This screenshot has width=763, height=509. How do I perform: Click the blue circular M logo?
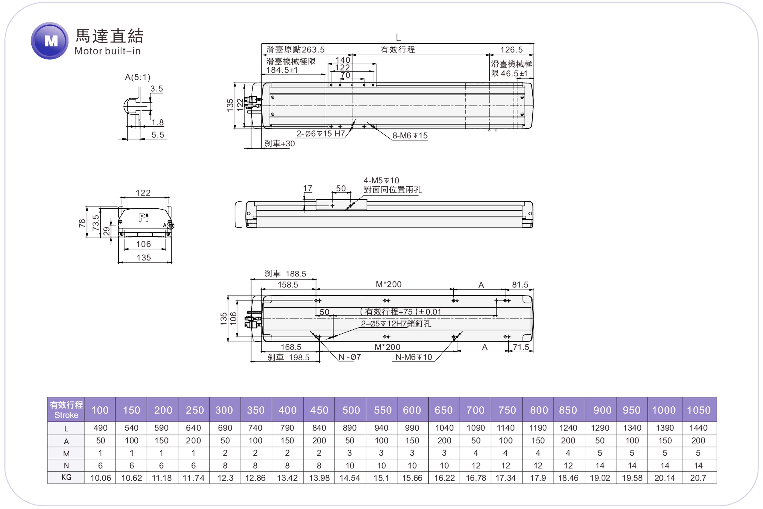click(x=50, y=41)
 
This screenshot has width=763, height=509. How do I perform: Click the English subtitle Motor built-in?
click(x=107, y=51)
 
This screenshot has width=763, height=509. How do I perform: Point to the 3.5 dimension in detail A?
click(x=156, y=89)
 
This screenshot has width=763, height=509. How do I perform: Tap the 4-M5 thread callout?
click(x=381, y=181)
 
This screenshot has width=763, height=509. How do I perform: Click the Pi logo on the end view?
click(x=143, y=217)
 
